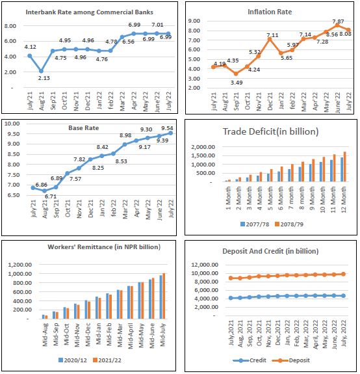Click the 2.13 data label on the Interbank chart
click(x=44, y=78)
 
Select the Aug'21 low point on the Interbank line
click(x=41, y=71)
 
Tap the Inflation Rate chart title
click(x=270, y=12)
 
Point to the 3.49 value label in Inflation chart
click(x=237, y=83)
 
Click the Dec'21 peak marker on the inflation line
click(x=270, y=39)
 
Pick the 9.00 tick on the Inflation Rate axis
click(x=194, y=21)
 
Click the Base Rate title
click(x=84, y=128)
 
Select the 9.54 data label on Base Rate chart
click(x=167, y=128)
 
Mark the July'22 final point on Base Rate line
click(x=171, y=133)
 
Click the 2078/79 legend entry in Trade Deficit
click(x=289, y=224)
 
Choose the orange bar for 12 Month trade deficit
click(x=344, y=167)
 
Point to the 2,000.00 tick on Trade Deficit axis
click(x=203, y=147)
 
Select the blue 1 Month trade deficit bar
click(x=227, y=181)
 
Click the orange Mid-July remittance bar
click(x=164, y=296)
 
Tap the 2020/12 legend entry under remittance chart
click(x=73, y=360)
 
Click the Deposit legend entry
click(x=291, y=360)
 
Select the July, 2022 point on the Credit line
click(x=343, y=296)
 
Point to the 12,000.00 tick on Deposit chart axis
click(x=205, y=265)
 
